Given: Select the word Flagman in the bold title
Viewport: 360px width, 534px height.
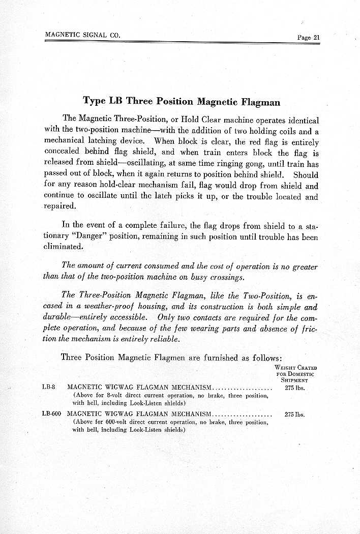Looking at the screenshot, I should pos(260,102).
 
